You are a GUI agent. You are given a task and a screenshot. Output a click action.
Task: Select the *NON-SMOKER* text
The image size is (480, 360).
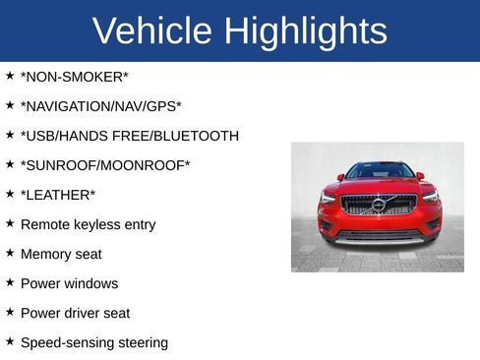[75, 77]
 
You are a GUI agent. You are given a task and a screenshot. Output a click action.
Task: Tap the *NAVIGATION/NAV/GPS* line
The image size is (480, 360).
[101, 106]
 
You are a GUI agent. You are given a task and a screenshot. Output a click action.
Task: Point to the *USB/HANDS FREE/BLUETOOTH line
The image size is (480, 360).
[129, 136]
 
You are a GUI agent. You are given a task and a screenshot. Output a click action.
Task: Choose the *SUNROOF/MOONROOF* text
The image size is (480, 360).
[105, 165]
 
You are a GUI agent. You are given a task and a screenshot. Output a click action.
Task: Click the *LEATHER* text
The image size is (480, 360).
[58, 195]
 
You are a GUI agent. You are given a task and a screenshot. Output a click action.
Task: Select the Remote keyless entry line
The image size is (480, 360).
[88, 224]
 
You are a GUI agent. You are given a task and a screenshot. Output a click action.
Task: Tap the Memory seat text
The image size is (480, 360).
[61, 254]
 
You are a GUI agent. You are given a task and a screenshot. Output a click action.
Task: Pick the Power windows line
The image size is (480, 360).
[69, 283]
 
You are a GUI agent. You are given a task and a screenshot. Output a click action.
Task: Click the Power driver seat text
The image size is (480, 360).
[75, 313]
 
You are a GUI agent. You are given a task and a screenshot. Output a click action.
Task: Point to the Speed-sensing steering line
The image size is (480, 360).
[94, 342]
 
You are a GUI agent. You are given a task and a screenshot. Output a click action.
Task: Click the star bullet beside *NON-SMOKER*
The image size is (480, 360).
[10, 75]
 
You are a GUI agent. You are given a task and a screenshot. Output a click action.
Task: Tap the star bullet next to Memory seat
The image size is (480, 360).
[10, 252]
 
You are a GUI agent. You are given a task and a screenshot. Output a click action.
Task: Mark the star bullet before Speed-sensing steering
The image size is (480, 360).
[10, 340]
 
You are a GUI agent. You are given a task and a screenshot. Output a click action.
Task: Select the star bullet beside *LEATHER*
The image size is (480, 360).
[10, 193]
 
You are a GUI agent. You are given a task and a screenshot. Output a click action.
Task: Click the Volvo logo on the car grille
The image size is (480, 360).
[379, 205]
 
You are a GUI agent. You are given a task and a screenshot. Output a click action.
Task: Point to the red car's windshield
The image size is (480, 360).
[379, 170]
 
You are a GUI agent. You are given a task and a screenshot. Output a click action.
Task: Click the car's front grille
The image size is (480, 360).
[379, 206]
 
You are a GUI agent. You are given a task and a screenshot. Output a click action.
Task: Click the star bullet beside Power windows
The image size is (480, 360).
[10, 281]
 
